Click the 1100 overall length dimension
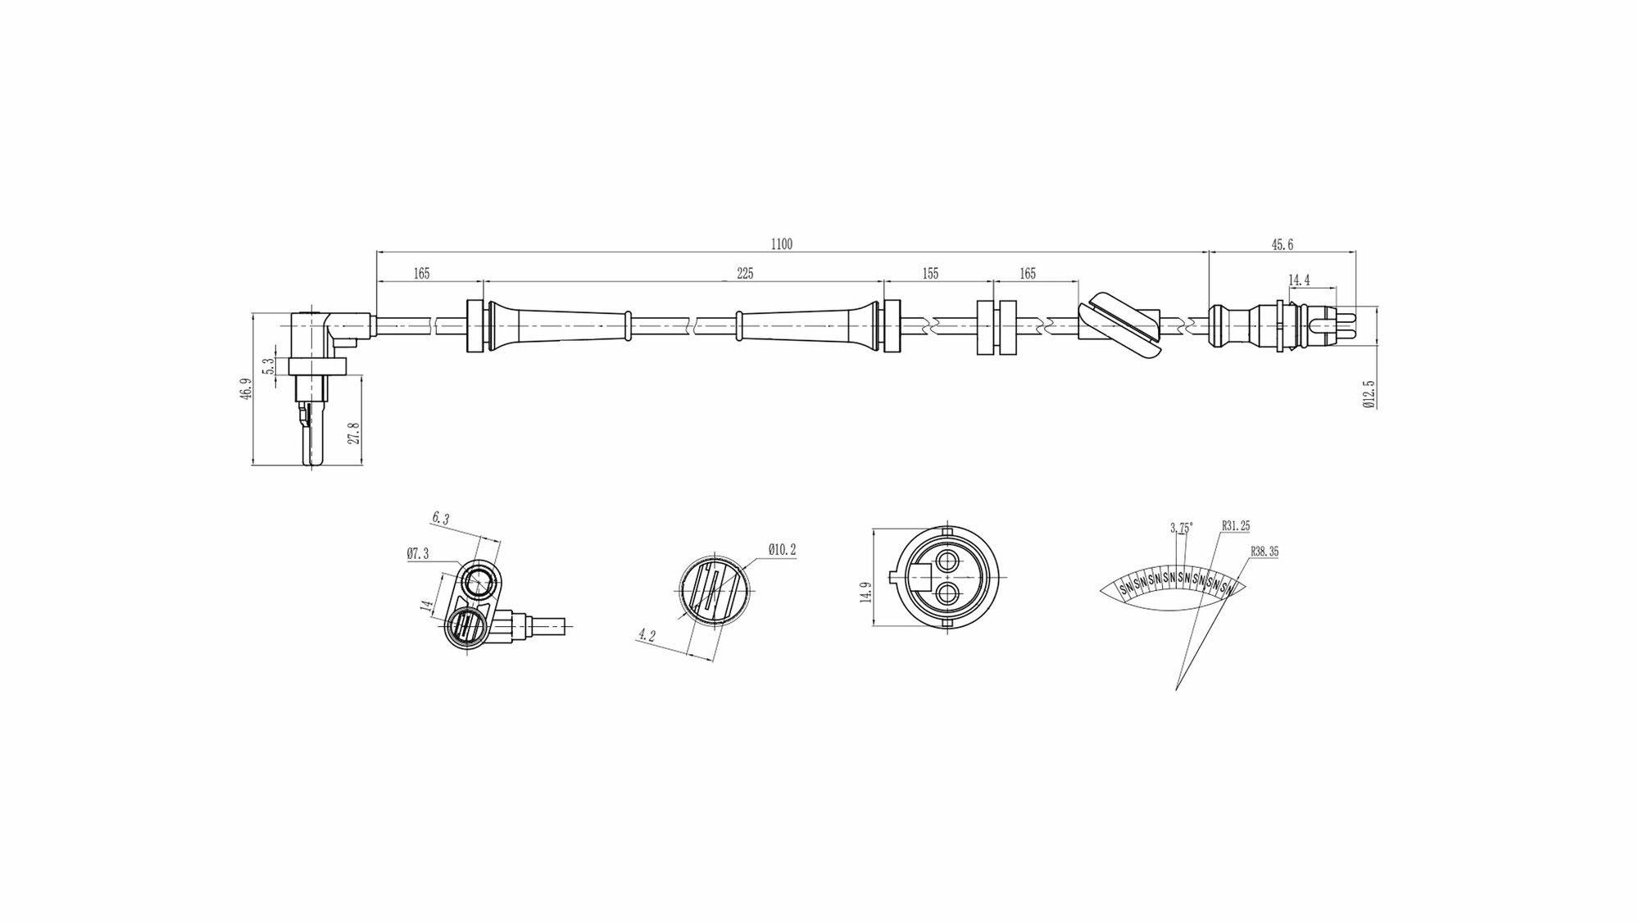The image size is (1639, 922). [782, 243]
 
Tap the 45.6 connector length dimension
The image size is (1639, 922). [1283, 244]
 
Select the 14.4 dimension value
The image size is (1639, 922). [1299, 280]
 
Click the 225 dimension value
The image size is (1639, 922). [744, 274]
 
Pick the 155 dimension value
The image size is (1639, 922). [930, 274]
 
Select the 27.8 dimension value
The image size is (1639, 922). [354, 433]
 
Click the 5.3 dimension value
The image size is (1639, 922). [268, 366]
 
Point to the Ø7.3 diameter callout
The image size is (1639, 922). [417, 554]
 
